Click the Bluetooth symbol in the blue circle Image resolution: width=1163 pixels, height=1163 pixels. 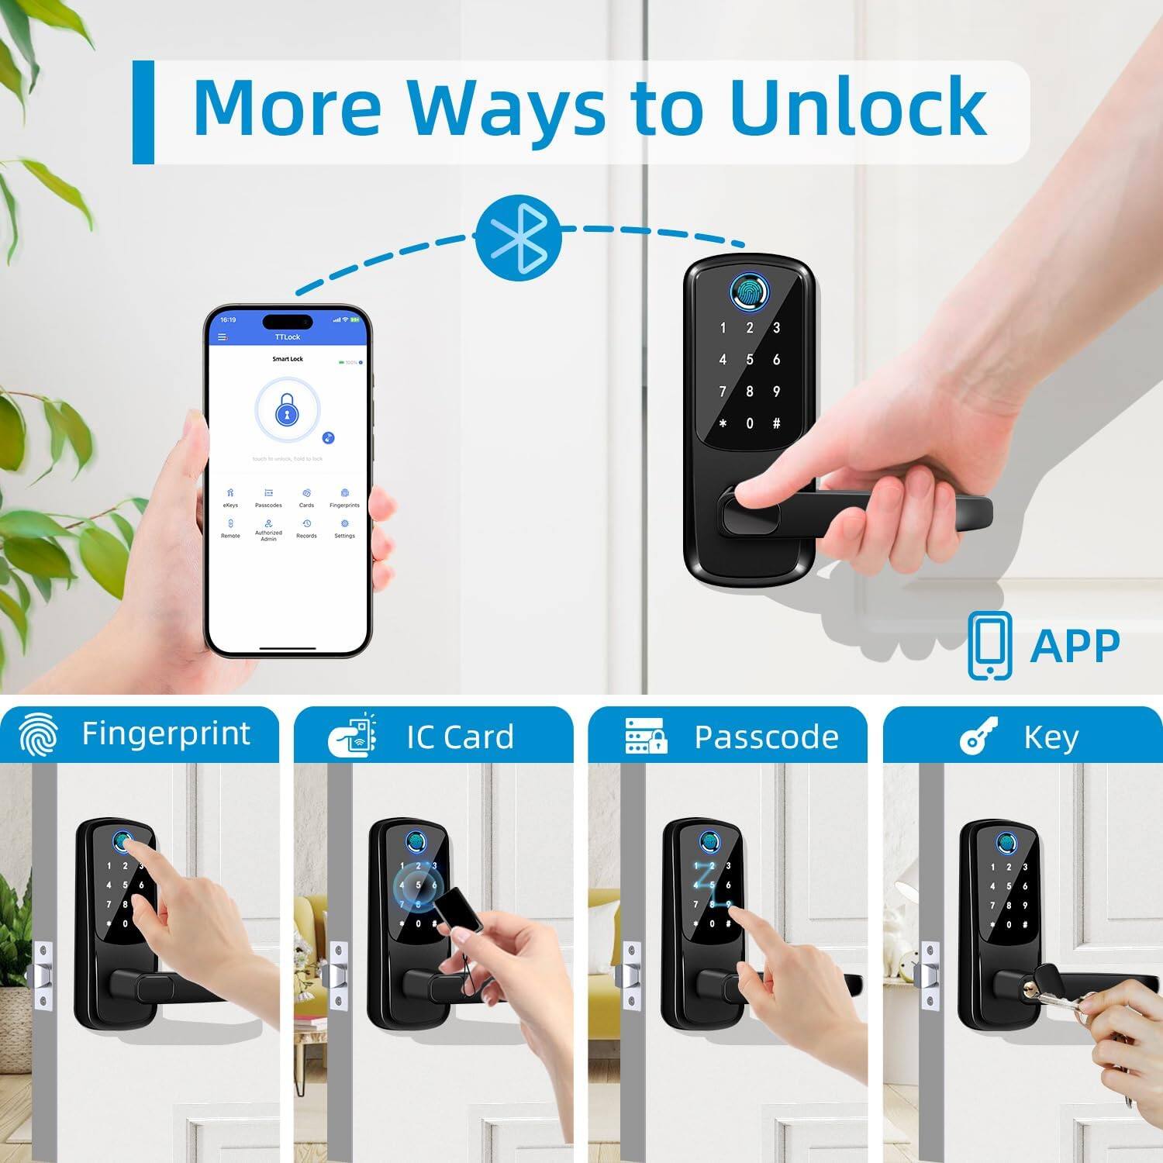[x=518, y=239]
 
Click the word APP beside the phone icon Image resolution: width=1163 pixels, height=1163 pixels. [x=1075, y=645]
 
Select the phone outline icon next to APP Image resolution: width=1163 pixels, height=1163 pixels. [x=989, y=645]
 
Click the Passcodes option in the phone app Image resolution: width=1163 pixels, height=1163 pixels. [x=268, y=498]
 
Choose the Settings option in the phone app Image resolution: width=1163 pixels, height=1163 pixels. [x=344, y=528]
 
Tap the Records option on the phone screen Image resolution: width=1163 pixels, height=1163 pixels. [x=306, y=528]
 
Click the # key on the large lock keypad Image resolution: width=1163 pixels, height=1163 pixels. [x=776, y=423]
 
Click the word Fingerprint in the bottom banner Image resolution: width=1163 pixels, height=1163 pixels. [x=166, y=733]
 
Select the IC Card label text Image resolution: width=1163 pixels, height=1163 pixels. [x=460, y=737]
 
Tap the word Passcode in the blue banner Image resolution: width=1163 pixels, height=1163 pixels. [x=766, y=737]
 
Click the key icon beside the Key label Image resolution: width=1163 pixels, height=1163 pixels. [x=978, y=736]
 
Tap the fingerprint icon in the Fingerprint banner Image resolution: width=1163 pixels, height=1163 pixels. [x=39, y=735]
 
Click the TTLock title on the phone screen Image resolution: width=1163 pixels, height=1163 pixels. [x=287, y=337]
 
